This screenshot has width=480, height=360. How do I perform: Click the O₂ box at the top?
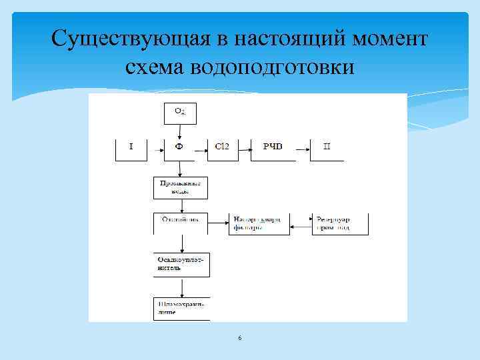pyautogui.click(x=180, y=112)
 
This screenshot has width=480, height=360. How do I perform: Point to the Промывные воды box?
pyautogui.click(x=181, y=187)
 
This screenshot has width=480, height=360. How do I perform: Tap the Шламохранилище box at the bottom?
pyautogui.click(x=181, y=307)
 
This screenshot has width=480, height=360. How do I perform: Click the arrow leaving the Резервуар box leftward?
pyautogui.click(x=301, y=228)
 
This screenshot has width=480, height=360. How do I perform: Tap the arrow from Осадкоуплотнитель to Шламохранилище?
pyautogui.click(x=181, y=288)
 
